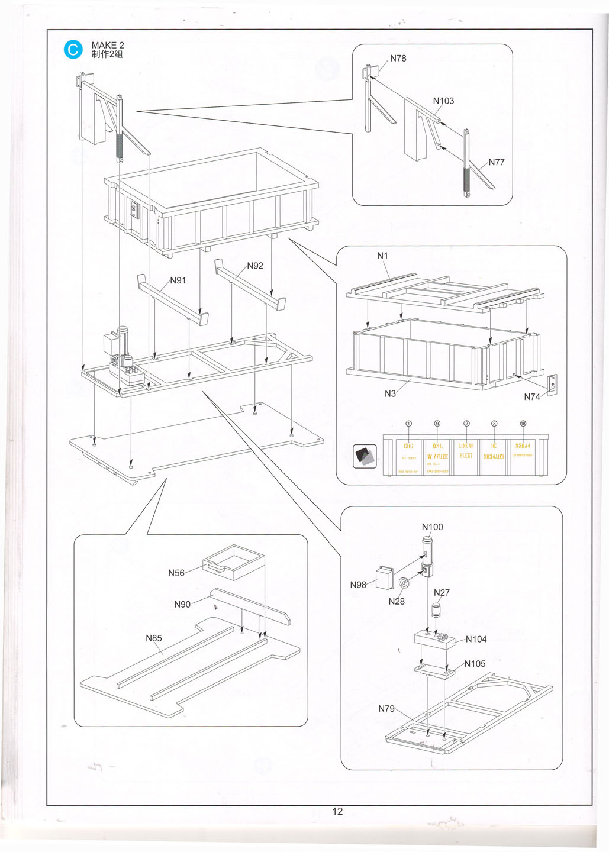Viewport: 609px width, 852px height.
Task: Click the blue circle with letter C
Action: click(x=73, y=50)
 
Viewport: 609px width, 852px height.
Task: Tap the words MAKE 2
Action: click(x=108, y=45)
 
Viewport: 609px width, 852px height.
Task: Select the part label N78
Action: click(x=398, y=59)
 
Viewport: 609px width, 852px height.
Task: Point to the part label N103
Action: click(x=443, y=101)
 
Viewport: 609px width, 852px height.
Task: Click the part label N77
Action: click(x=496, y=162)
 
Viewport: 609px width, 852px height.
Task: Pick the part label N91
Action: click(x=178, y=280)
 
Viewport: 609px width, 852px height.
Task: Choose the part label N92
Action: click(x=255, y=266)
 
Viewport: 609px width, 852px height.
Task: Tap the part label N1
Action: click(x=383, y=256)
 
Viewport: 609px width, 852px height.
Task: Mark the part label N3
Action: click(x=390, y=393)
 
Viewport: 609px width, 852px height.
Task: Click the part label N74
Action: click(x=531, y=397)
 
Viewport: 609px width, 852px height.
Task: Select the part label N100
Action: click(x=432, y=527)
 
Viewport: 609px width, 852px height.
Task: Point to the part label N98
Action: click(x=358, y=585)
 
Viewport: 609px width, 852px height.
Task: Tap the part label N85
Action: click(x=154, y=638)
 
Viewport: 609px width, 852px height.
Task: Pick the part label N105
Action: click(x=475, y=664)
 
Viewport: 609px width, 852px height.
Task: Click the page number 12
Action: click(x=337, y=811)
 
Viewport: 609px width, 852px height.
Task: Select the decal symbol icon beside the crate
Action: click(x=365, y=456)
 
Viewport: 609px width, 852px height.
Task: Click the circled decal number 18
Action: click(x=523, y=424)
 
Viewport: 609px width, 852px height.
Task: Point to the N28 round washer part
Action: click(x=404, y=583)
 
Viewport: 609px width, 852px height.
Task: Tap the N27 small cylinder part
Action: click(x=438, y=610)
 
